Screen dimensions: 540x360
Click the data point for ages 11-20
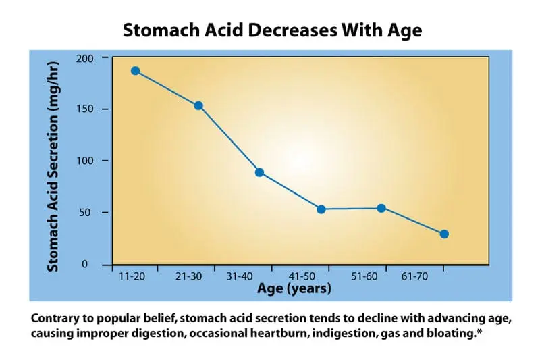(x=136, y=71)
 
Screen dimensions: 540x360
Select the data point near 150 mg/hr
(x=198, y=106)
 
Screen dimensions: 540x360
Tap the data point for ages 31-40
(x=260, y=172)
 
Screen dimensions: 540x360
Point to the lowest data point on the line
(x=444, y=234)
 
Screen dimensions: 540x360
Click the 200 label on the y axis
(x=85, y=59)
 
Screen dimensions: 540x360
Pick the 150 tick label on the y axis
(x=85, y=109)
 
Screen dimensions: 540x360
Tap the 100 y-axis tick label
(x=85, y=161)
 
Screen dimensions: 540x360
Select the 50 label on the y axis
(x=85, y=212)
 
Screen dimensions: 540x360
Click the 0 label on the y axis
(x=85, y=264)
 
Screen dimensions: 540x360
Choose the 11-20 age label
(x=132, y=276)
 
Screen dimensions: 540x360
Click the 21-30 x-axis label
(x=189, y=276)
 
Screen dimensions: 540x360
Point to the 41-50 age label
(x=302, y=276)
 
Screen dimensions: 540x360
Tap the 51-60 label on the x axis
(x=364, y=276)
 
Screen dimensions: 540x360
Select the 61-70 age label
(x=414, y=276)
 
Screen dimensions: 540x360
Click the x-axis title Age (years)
(x=294, y=288)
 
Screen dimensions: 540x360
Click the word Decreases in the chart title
(x=292, y=30)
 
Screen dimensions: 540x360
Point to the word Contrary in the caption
(x=55, y=318)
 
